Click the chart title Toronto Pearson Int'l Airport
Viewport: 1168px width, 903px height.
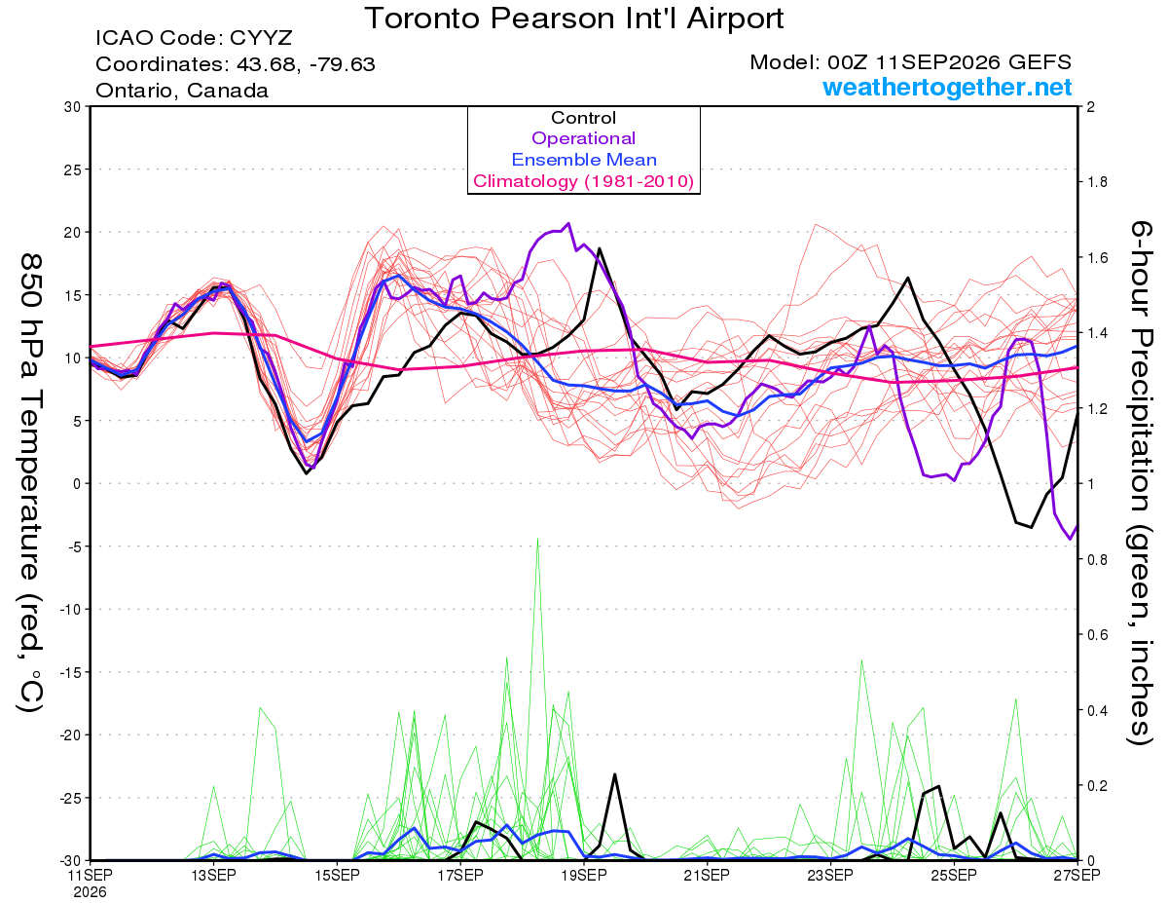(x=574, y=19)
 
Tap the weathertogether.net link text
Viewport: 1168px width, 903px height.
(x=947, y=87)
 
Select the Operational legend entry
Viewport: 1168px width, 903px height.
(x=583, y=138)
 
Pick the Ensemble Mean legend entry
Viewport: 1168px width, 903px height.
(x=584, y=160)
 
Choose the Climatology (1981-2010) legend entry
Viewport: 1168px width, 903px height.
(x=584, y=181)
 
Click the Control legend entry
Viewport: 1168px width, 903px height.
(x=583, y=118)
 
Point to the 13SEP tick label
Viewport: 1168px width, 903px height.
(x=213, y=875)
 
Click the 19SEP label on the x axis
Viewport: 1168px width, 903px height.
(x=584, y=875)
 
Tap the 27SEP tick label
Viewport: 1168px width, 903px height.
(x=1077, y=875)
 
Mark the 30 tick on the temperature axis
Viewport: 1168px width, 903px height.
(x=72, y=107)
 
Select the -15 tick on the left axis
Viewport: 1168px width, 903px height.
(x=69, y=672)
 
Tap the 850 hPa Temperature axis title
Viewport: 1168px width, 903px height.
(x=30, y=482)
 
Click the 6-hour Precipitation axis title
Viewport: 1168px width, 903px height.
(x=1140, y=482)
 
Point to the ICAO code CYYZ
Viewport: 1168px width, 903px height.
(x=261, y=38)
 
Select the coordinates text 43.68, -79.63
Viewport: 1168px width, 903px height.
(x=306, y=64)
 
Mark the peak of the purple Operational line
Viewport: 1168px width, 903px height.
(x=568, y=223)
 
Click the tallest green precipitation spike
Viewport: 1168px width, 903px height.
(x=537, y=538)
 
